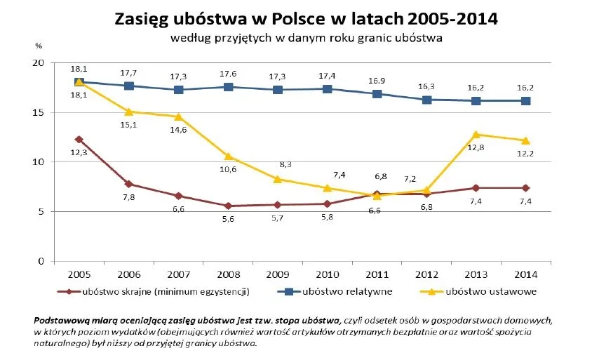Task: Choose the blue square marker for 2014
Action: point(525,101)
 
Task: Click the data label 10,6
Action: point(226,169)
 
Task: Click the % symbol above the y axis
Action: point(39,46)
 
